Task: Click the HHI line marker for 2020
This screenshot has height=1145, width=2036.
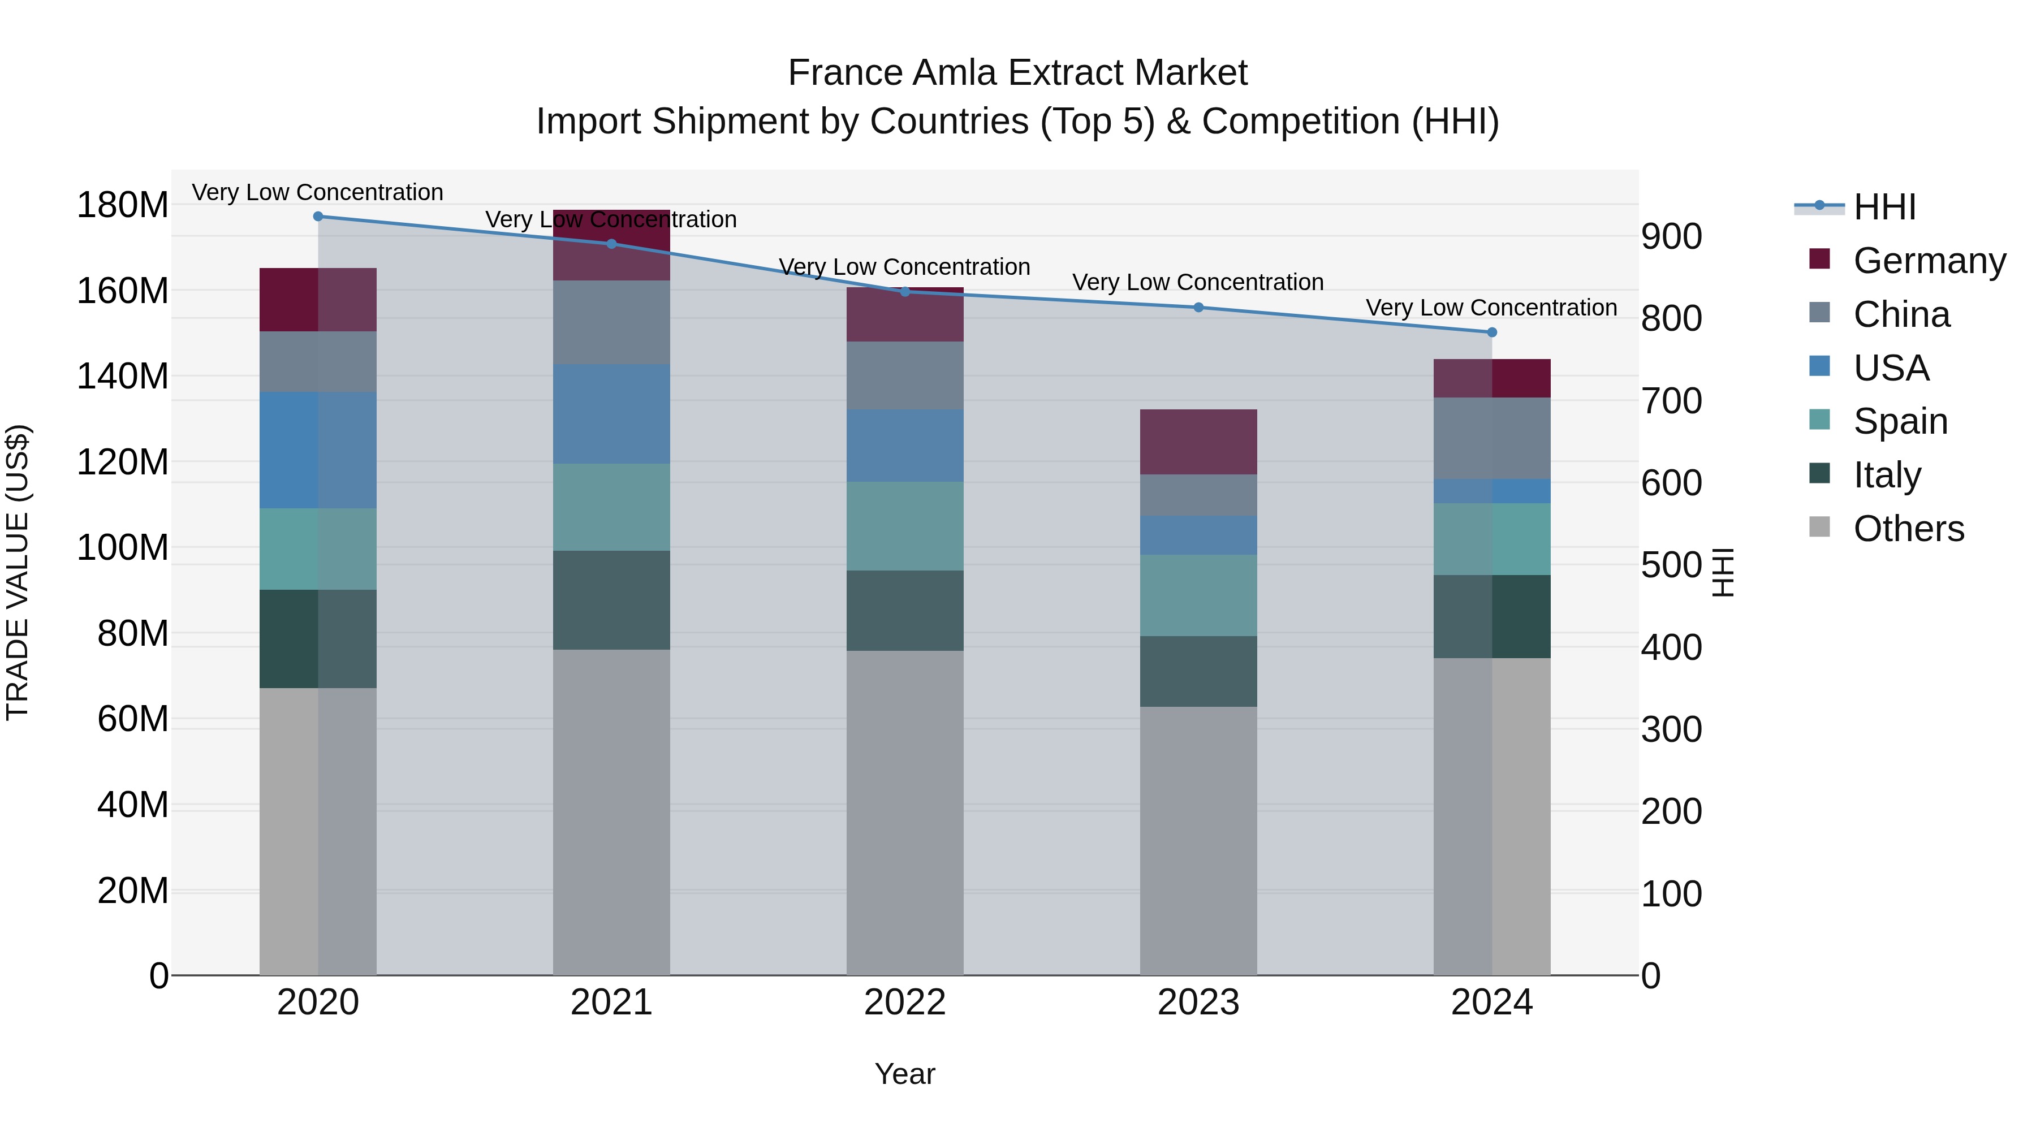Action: point(318,217)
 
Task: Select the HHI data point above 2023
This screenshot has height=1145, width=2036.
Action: point(1198,308)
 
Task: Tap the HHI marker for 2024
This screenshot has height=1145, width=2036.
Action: point(1491,332)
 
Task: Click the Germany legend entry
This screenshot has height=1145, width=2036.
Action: point(1929,261)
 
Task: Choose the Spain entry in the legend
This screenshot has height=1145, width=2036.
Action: point(1900,421)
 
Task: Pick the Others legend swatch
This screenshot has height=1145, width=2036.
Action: point(1819,527)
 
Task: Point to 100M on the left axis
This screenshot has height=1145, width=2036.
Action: point(123,547)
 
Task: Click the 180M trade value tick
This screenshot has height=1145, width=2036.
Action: point(123,205)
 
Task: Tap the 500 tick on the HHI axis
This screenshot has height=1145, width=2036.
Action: point(1672,566)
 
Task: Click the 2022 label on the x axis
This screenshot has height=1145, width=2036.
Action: point(904,1003)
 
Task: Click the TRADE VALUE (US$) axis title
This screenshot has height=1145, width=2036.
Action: point(18,572)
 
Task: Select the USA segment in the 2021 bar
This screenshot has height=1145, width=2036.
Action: point(611,413)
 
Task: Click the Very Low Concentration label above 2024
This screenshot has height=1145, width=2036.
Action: point(1491,308)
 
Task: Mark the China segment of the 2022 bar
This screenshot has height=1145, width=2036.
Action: point(904,375)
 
